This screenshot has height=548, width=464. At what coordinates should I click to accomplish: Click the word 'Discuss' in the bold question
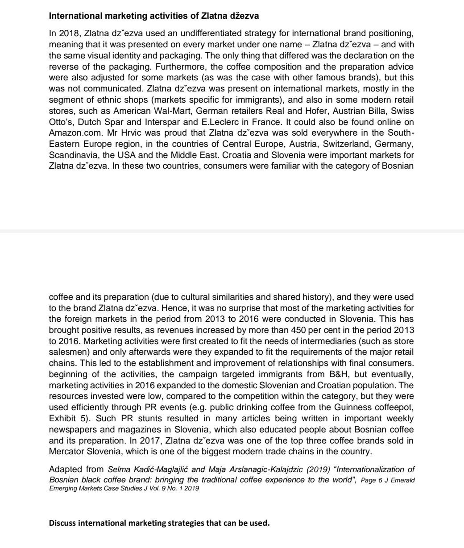62,523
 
